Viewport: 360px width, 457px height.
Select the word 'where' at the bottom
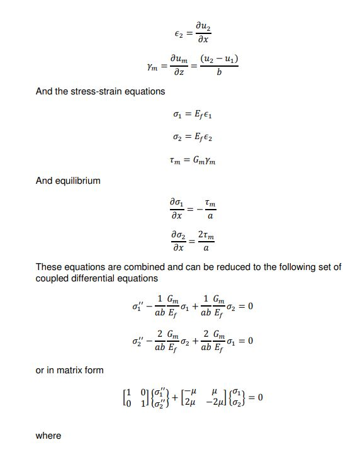48,436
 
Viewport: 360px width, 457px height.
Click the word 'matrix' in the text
72,370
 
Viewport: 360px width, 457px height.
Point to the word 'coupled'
53,278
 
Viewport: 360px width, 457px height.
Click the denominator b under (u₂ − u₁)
219,73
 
